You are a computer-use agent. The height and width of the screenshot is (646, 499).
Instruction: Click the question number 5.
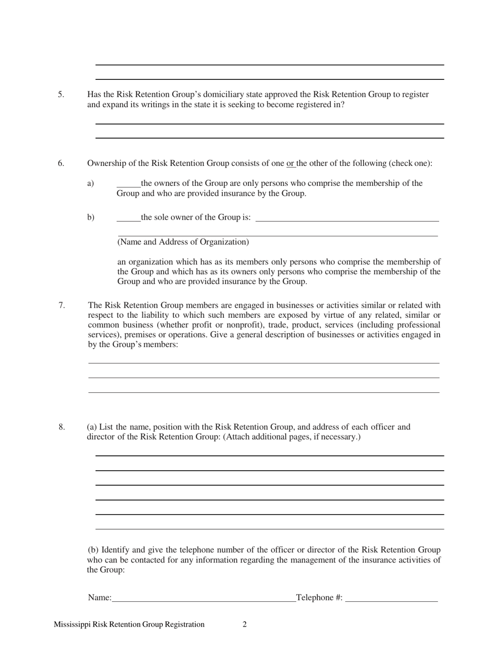tap(61, 95)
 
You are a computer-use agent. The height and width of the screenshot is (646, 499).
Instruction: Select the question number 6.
tap(61, 163)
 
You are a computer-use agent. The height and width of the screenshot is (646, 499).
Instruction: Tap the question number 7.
tap(61, 305)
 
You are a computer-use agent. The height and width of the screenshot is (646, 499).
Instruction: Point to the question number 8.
tap(62, 427)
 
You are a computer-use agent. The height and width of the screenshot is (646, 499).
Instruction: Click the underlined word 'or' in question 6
tap(290, 163)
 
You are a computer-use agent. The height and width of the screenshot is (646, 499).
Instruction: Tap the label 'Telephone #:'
tap(319, 598)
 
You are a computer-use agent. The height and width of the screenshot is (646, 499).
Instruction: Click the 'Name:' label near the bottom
tap(100, 598)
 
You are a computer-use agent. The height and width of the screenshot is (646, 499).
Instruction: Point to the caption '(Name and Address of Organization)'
tap(183, 242)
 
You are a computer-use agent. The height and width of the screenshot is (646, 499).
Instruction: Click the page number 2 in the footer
tap(245, 624)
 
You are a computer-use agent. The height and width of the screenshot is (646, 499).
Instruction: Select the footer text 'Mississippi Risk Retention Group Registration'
tap(129, 624)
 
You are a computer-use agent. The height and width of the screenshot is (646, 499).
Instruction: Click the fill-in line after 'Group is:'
tap(347, 220)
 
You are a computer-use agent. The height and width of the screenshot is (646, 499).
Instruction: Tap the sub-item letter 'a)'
tap(90, 183)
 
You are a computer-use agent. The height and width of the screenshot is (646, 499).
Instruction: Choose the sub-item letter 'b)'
tap(91, 217)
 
